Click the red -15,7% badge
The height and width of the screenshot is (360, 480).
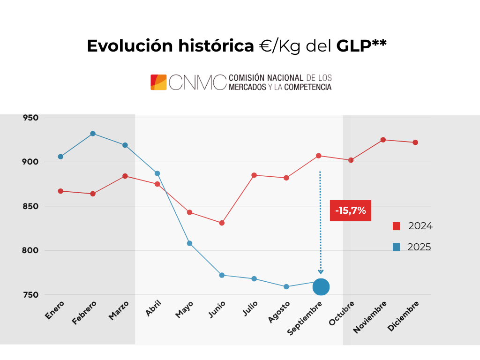coord(351,211)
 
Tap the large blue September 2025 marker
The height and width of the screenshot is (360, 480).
coord(321,286)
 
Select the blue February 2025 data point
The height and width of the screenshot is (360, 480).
coord(93,134)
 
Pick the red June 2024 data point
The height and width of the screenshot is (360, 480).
coord(222,223)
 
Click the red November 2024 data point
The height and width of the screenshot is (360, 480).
coord(383,140)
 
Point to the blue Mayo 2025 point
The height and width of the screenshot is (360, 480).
coord(189,243)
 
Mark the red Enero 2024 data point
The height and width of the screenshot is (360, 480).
coord(61,191)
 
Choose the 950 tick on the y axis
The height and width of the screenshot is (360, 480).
coord(30,118)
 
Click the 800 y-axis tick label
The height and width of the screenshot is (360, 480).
coord(30,251)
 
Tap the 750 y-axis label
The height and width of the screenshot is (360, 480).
coord(30,295)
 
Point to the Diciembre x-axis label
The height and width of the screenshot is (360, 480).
coord(404,316)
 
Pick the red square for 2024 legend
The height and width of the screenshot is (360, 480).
coord(397,226)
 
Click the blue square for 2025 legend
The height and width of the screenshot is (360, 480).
coord(397,247)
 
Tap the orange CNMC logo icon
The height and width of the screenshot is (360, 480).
coord(158,82)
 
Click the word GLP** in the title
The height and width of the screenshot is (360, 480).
coord(361,46)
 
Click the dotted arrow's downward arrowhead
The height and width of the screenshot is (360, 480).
coord(321,271)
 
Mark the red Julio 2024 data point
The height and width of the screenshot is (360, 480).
coord(254,175)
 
